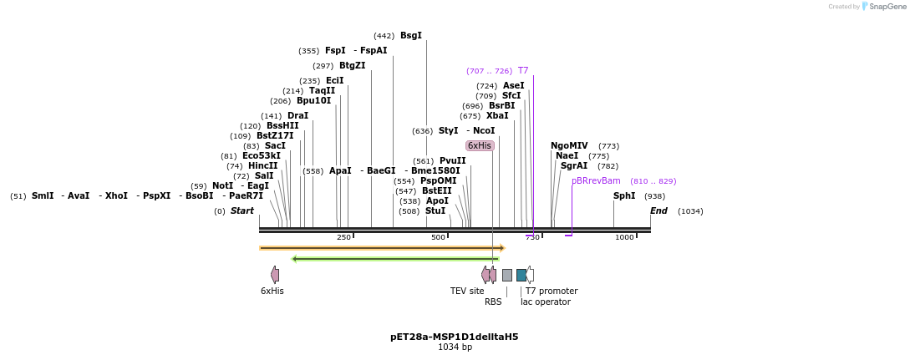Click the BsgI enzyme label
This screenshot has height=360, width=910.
click(411, 36)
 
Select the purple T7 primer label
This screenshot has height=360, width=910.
click(523, 71)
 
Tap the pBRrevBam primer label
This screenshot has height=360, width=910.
click(596, 181)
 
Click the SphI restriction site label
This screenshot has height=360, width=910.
click(624, 196)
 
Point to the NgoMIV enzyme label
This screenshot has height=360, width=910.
click(569, 146)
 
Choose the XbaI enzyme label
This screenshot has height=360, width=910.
click(497, 116)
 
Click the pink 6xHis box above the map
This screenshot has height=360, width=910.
click(480, 146)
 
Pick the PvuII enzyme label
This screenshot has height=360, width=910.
click(453, 161)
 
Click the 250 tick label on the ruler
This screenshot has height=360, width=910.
click(343, 238)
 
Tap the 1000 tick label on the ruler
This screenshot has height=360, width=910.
click(624, 238)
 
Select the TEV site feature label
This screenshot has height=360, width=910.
click(467, 292)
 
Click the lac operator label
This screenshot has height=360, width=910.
click(546, 302)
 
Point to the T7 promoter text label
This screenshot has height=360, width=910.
click(552, 292)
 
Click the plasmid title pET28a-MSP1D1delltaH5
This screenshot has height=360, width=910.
click(455, 337)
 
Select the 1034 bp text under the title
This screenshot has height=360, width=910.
click(455, 347)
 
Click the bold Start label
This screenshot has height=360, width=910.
click(242, 211)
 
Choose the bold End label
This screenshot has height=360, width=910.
click(658, 211)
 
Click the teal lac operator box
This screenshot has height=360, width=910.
click(521, 275)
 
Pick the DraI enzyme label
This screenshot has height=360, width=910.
click(297, 116)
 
